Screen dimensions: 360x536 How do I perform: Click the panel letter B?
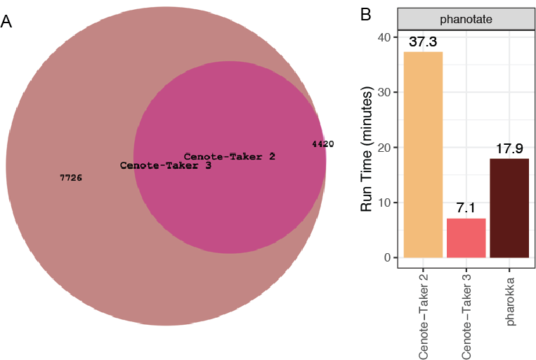tap(365, 14)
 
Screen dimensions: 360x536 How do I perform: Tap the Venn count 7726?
tap(71, 178)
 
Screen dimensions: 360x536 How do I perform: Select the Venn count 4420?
tap(322, 143)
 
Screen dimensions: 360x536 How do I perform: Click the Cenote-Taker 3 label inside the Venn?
tap(166, 166)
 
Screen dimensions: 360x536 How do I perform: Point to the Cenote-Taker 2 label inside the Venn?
tap(229, 156)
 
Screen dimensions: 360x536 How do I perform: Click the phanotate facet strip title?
tap(466, 20)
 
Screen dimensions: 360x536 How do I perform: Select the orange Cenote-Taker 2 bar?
tap(423, 155)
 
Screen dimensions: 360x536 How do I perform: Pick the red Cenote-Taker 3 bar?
tap(466, 238)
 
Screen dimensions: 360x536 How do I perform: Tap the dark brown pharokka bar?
tap(509, 208)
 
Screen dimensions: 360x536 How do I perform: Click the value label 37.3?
tap(423, 42)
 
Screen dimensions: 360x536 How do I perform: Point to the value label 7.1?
tap(466, 209)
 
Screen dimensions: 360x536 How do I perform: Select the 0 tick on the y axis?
tap(388, 258)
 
